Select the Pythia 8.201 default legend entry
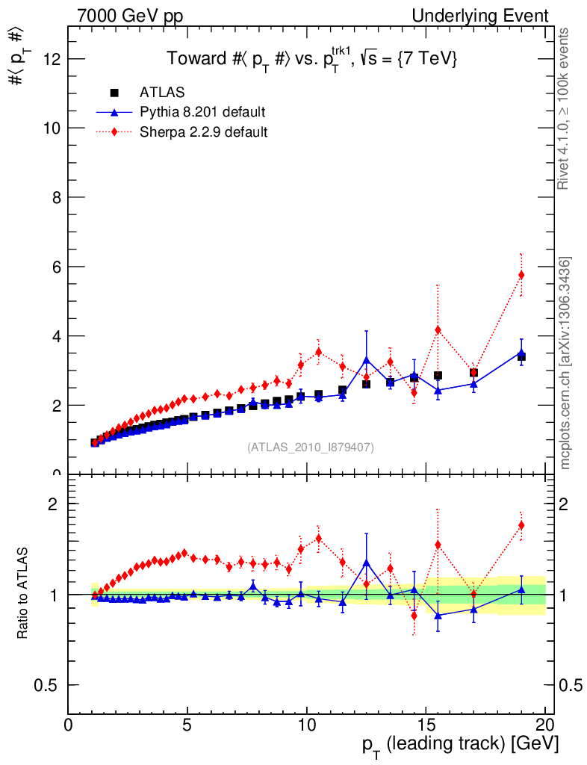pos(202,112)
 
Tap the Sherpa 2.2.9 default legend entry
pos(203,132)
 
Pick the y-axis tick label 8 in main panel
pos(54,197)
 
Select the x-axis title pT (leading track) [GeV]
pos(460,744)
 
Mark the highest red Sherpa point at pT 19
pos(521,275)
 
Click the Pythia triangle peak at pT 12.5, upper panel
pos(366,359)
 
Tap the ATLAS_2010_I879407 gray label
pos(311,447)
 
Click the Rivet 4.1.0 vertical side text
pos(565,108)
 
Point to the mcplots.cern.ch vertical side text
pos(565,362)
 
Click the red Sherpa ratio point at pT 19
pos(521,525)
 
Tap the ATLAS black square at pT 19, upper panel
pos(521,357)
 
